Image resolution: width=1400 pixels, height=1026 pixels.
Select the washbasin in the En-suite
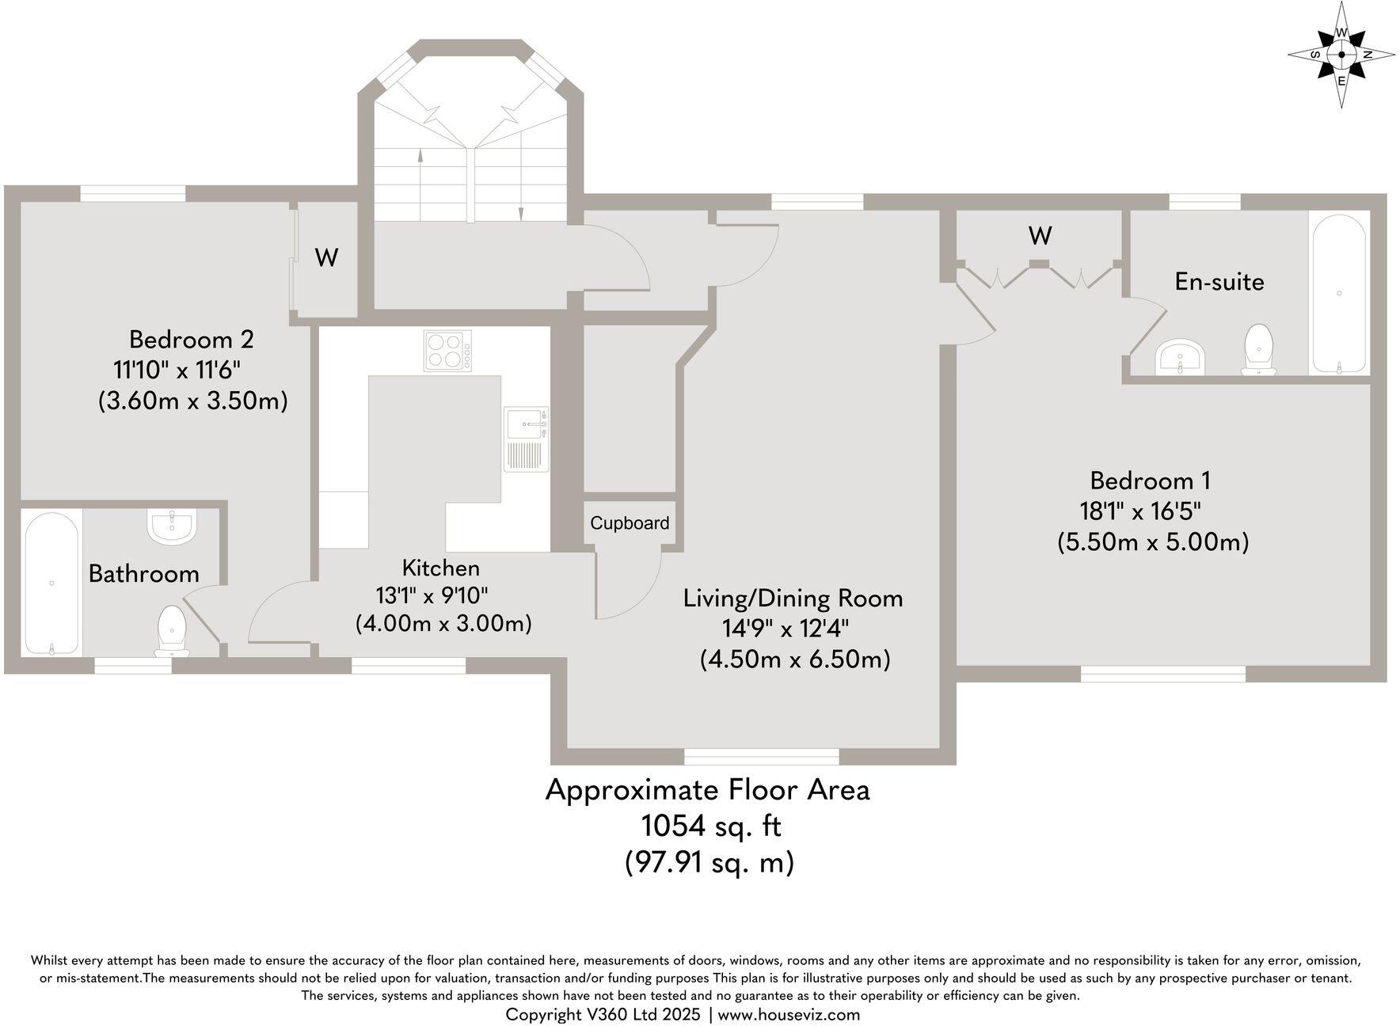click(x=1181, y=357)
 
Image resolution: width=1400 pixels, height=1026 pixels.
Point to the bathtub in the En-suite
click(x=1339, y=294)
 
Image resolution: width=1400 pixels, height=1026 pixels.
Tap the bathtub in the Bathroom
click(x=51, y=583)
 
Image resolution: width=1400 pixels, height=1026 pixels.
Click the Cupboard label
click(x=630, y=523)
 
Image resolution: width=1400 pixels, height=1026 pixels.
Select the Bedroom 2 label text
click(x=191, y=340)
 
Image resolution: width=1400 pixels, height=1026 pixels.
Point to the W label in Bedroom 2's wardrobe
click(x=327, y=257)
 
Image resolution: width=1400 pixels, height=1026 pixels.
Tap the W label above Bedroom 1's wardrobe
click(x=1040, y=235)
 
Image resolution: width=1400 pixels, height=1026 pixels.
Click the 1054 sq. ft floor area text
click(x=710, y=826)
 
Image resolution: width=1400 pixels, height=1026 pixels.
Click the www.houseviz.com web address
click(x=789, y=1014)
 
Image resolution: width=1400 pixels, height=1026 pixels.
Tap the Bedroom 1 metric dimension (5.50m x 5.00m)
click(x=1152, y=542)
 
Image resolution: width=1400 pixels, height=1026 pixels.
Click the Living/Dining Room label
click(x=793, y=598)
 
